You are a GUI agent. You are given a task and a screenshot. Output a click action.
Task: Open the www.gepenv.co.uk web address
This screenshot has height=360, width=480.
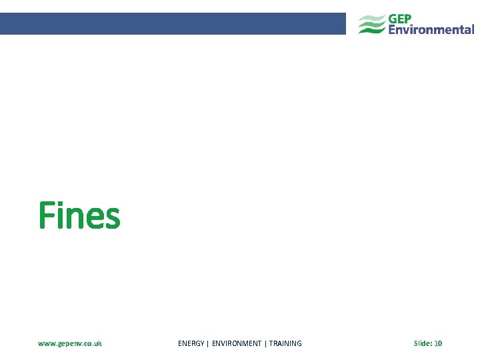pyautogui.click(x=70, y=343)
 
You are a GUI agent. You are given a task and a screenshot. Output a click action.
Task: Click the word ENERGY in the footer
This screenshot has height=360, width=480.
pyautogui.click(x=191, y=343)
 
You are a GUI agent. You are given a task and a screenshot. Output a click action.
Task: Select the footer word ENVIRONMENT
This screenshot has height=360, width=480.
pyautogui.click(x=237, y=343)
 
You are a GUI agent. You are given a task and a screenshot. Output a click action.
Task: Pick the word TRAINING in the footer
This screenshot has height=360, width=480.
pyautogui.click(x=285, y=343)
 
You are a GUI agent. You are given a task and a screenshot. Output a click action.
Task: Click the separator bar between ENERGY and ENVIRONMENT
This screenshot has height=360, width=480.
pyautogui.click(x=208, y=343)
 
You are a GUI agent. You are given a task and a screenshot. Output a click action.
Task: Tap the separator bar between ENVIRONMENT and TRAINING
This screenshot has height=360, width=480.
pyautogui.click(x=265, y=343)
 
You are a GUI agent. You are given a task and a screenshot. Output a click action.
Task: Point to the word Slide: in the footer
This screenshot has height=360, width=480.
pyautogui.click(x=422, y=343)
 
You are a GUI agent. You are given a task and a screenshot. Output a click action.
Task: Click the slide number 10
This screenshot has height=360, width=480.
pyautogui.click(x=438, y=343)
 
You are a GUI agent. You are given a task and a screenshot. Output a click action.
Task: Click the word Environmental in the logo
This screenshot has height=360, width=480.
pyautogui.click(x=431, y=29)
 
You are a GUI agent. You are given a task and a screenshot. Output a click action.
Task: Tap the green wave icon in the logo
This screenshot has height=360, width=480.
pyautogui.click(x=371, y=25)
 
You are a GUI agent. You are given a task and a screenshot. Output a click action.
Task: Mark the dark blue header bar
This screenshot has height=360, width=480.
pyautogui.click(x=173, y=23)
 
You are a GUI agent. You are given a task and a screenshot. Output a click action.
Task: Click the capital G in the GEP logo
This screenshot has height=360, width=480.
pyautogui.click(x=394, y=19)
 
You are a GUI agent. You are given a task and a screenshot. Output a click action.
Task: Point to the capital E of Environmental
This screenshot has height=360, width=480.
pyautogui.click(x=393, y=29)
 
